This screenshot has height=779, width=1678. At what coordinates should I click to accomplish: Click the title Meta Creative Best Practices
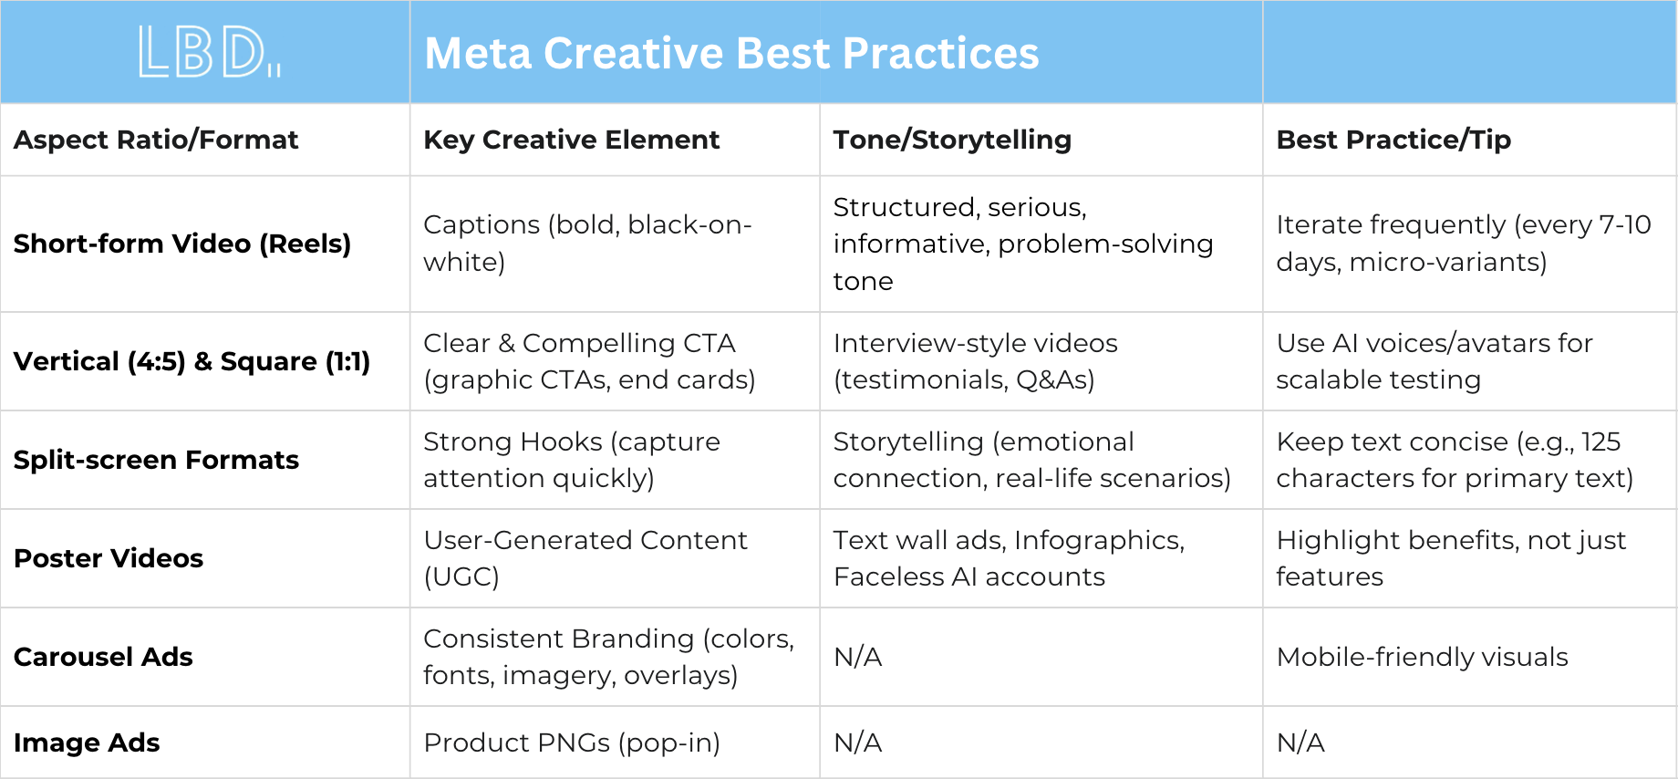tap(731, 53)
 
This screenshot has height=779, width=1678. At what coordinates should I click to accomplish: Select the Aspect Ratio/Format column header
tap(156, 140)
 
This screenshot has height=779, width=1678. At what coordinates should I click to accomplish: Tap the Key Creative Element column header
tap(572, 140)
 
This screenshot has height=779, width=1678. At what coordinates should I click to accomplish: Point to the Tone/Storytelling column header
tap(952, 140)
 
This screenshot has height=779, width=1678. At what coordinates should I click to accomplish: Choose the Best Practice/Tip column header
tap(1393, 140)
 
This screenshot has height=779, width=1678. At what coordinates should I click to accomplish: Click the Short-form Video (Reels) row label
tap(182, 244)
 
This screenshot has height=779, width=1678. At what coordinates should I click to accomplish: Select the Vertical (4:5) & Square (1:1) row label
tap(192, 361)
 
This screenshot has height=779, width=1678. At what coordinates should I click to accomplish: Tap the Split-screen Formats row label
tap(156, 460)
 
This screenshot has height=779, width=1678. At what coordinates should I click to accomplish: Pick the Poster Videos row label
tap(109, 558)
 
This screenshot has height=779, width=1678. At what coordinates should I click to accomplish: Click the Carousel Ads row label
tap(103, 657)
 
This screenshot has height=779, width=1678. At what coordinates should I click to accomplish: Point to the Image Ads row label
tap(87, 743)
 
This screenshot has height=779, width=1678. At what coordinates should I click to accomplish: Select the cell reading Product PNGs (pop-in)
tap(572, 743)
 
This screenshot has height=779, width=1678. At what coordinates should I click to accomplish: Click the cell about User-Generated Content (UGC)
tap(585, 558)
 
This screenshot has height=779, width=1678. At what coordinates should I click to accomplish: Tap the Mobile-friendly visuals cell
tap(1422, 657)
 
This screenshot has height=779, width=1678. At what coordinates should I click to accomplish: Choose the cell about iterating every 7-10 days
tap(1463, 244)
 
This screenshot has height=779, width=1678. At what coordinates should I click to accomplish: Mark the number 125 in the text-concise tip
tap(1600, 441)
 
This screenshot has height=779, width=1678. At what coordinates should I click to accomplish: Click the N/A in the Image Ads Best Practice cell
tap(1300, 743)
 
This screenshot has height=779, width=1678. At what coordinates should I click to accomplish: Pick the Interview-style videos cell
tap(975, 361)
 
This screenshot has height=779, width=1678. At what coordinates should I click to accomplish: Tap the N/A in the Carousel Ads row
tap(857, 657)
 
